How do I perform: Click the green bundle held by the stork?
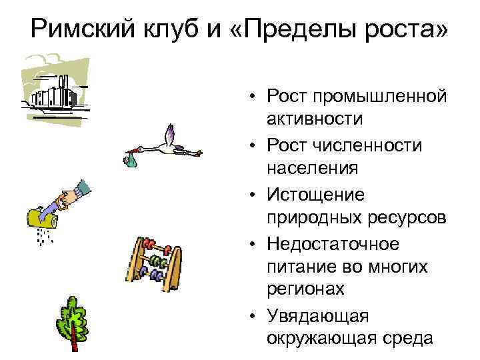(x=131, y=160)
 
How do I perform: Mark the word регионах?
(x=306, y=289)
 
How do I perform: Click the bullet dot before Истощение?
(x=256, y=195)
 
